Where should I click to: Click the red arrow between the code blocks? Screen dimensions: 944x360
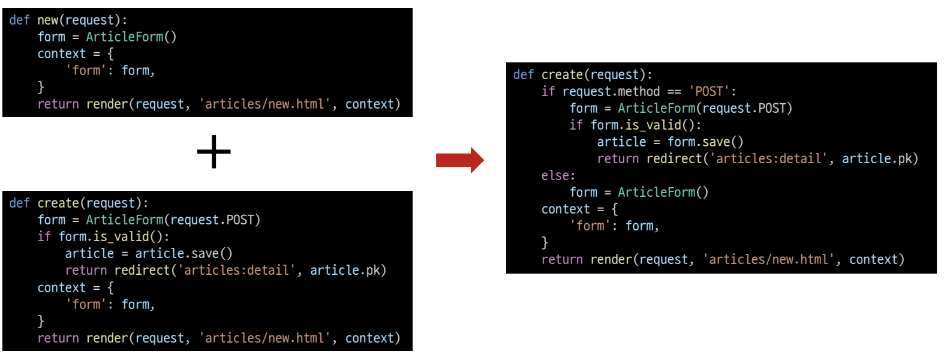click(x=459, y=160)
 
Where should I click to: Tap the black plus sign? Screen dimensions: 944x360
click(x=214, y=152)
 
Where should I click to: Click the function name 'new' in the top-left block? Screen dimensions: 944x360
click(x=48, y=20)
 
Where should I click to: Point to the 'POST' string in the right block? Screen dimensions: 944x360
click(x=709, y=92)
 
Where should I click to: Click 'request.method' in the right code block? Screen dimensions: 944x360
click(x=611, y=92)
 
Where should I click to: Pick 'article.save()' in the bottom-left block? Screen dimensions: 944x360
click(x=184, y=254)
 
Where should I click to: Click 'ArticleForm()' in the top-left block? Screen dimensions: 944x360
click(x=131, y=37)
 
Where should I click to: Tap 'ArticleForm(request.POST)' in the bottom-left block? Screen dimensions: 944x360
click(x=173, y=220)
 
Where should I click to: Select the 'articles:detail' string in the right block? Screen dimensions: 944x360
click(x=768, y=159)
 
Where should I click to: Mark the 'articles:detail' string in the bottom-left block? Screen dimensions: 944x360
click(x=236, y=271)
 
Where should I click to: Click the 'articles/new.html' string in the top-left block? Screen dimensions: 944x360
click(x=264, y=104)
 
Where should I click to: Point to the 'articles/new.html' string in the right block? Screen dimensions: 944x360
click(x=768, y=260)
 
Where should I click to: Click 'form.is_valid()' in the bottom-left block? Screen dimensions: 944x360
click(x=114, y=237)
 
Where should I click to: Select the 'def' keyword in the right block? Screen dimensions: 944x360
click(x=523, y=75)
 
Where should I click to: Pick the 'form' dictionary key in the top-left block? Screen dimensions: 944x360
click(x=86, y=71)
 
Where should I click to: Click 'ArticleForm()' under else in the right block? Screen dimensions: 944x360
click(x=663, y=193)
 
